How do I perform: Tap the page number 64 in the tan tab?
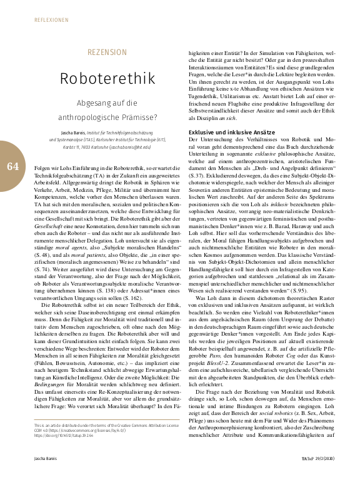click(x=13, y=166)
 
